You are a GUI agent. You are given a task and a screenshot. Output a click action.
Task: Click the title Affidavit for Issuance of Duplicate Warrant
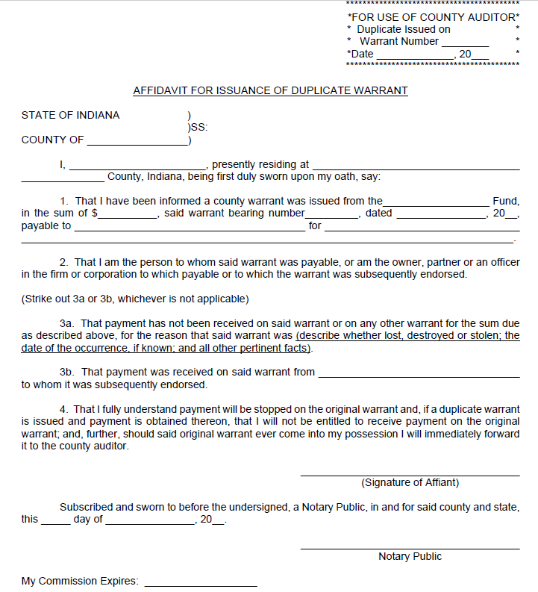(x=270, y=90)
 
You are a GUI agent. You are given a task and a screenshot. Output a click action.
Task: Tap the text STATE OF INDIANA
(x=70, y=115)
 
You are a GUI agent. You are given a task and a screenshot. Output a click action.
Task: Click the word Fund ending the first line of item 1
(x=506, y=201)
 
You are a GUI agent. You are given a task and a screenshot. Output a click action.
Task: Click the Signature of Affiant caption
(x=410, y=482)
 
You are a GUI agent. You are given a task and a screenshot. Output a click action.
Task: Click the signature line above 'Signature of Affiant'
(x=410, y=475)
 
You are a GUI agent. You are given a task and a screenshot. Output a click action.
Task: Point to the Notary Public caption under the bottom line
(x=410, y=556)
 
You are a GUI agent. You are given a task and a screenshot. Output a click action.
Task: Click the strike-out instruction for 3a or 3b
(x=134, y=299)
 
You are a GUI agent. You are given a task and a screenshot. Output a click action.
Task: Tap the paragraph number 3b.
(x=67, y=371)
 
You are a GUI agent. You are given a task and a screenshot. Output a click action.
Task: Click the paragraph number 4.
(x=63, y=410)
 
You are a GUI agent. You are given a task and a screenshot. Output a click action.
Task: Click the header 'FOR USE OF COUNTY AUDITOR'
(x=433, y=16)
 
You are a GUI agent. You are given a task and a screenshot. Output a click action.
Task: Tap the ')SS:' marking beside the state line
(x=197, y=127)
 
